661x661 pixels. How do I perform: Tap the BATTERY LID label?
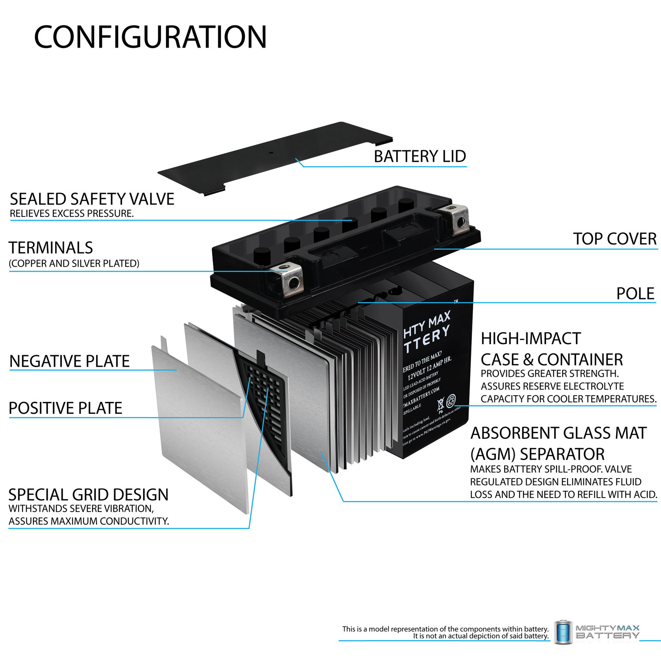pyautogui.click(x=420, y=156)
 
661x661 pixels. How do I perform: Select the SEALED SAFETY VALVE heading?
pyautogui.click(x=92, y=199)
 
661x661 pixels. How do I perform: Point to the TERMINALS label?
pyautogui.click(x=51, y=248)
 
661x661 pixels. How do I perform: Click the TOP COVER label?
pyautogui.click(x=615, y=239)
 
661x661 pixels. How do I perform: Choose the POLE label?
pyautogui.click(x=635, y=293)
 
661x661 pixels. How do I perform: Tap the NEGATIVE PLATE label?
pyautogui.click(x=70, y=361)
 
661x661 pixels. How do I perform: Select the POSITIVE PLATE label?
pyautogui.click(x=65, y=408)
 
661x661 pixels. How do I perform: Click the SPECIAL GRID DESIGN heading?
pyautogui.click(x=89, y=494)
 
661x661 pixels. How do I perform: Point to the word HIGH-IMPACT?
pyautogui.click(x=531, y=338)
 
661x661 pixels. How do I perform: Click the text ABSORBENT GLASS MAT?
pyautogui.click(x=558, y=433)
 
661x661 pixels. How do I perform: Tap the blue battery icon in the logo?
pyautogui.click(x=563, y=632)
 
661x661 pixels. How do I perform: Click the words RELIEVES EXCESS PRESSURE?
pyautogui.click(x=72, y=214)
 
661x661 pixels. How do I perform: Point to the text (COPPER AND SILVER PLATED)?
pyautogui.click(x=74, y=264)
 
